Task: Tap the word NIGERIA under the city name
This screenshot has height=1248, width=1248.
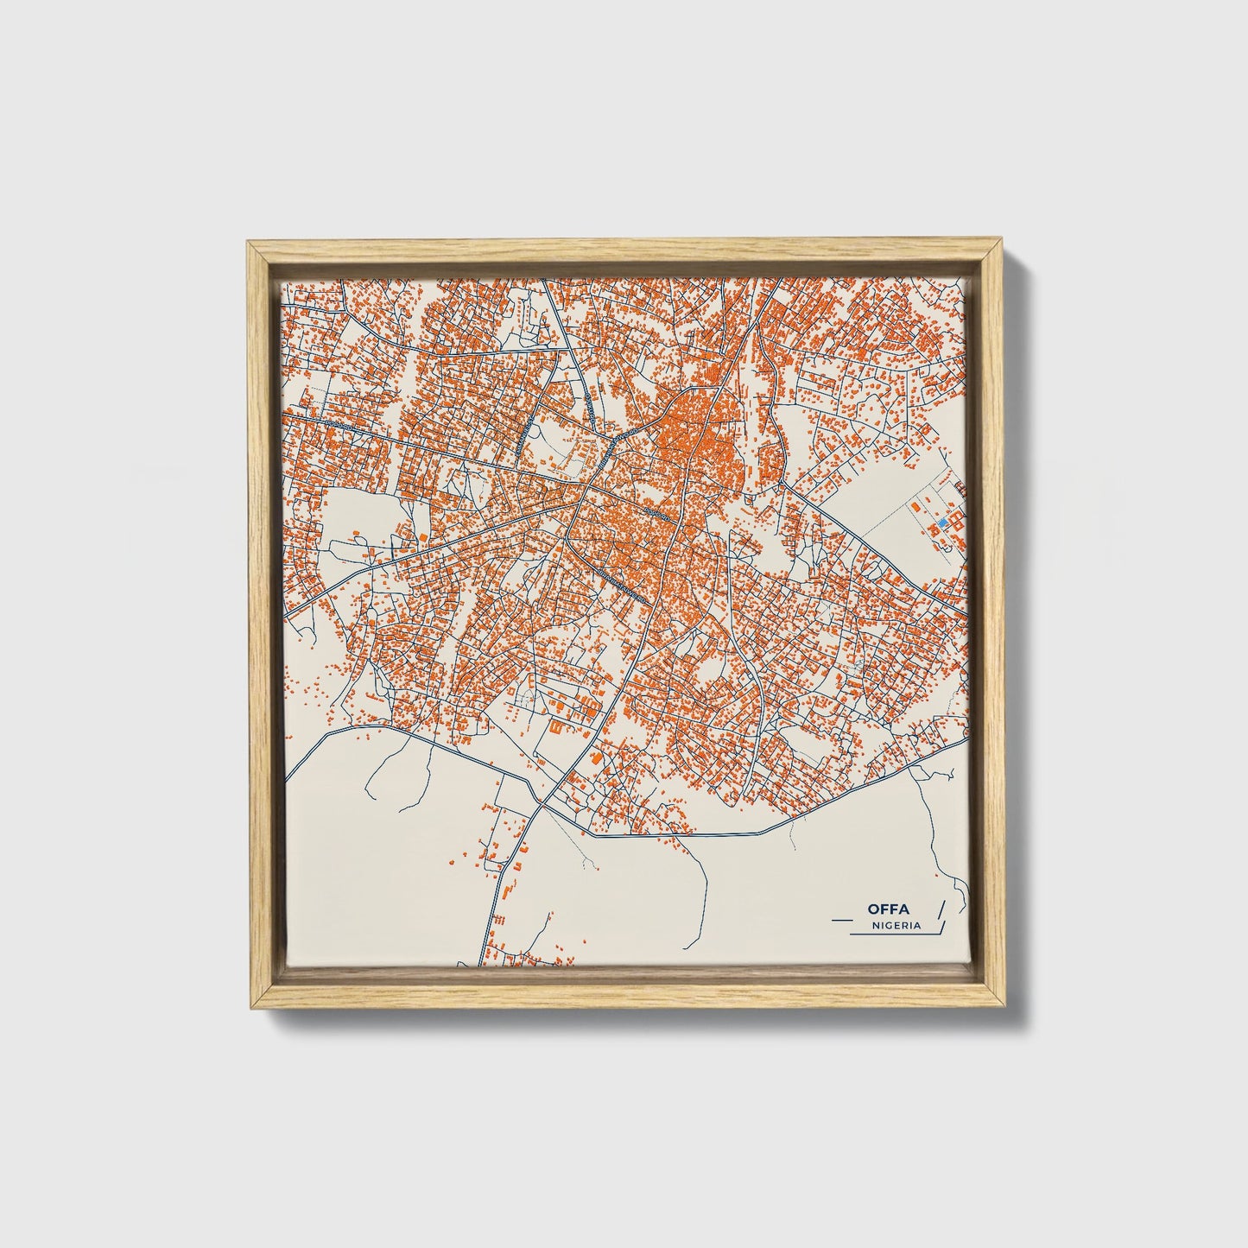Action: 896,925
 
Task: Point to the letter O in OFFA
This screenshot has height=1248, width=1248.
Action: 874,909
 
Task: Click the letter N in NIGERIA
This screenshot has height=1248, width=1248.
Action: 875,925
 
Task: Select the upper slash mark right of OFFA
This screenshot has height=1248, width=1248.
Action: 941,908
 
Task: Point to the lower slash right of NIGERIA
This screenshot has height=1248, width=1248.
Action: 943,928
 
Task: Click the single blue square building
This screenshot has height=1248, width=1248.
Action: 943,523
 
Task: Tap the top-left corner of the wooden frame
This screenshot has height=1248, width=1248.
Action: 249,243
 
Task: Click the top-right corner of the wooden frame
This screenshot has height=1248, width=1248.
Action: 1002,243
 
